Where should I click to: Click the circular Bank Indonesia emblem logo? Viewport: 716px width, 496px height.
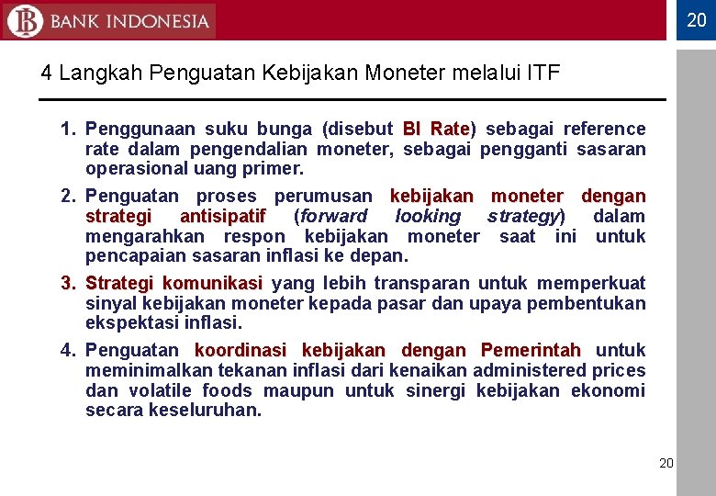click(x=24, y=20)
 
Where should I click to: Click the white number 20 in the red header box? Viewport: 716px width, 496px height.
click(x=697, y=19)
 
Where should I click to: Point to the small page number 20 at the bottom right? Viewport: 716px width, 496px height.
click(x=666, y=463)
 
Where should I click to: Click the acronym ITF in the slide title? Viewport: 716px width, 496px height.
click(x=543, y=73)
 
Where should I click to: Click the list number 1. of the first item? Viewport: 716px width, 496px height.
click(x=68, y=129)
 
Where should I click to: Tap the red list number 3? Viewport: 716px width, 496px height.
click(x=68, y=283)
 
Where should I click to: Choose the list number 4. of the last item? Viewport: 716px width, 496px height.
click(x=68, y=350)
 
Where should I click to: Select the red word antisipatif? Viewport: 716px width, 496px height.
click(x=223, y=216)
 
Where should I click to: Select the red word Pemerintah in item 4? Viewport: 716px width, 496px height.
click(x=531, y=350)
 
